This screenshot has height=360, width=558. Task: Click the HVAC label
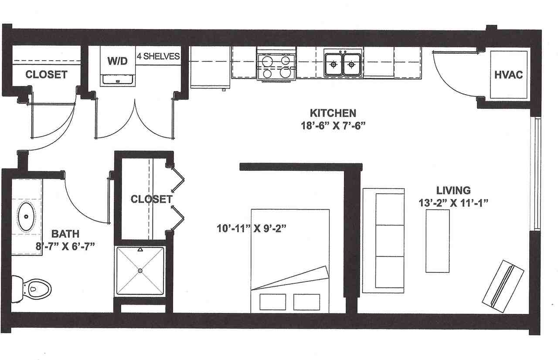pos(508,75)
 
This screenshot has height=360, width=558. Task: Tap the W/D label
pos(118,61)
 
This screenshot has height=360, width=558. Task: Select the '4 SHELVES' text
pos(158,56)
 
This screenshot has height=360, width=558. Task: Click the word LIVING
pos(453,190)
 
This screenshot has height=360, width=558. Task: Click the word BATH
pos(65,234)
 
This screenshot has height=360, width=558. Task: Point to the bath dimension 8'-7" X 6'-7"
pos(65,246)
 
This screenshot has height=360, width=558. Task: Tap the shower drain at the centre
pos(140,271)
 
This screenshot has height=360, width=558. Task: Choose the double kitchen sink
pos(343,65)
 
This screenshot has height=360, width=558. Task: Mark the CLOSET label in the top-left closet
pos(46,75)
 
